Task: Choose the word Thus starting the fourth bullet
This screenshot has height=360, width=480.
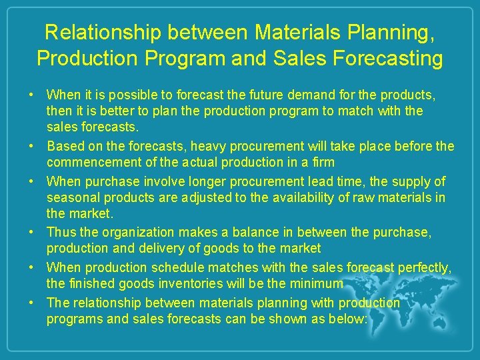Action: click(61, 233)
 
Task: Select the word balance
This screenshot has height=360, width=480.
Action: click(251, 233)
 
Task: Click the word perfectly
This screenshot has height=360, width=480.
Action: click(424, 267)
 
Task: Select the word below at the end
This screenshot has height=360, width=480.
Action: click(347, 319)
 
